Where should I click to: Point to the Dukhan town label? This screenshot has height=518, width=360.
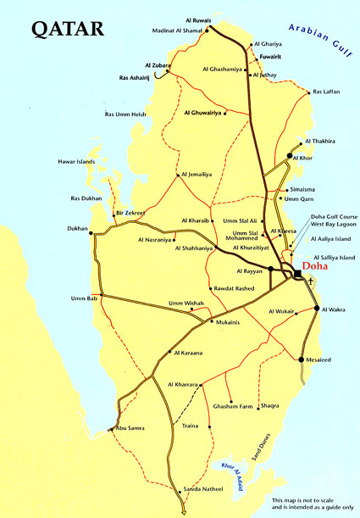click(x=77, y=230)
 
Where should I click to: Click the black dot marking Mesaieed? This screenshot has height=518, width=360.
click(x=302, y=359)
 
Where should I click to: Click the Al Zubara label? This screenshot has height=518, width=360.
click(x=158, y=64)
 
